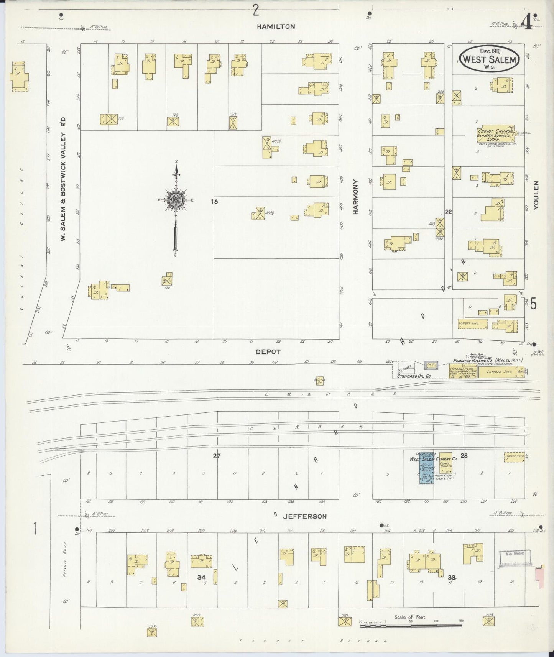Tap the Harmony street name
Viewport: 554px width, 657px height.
[x=355, y=197]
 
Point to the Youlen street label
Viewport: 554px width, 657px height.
[x=536, y=195]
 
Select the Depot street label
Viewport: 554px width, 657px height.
[x=268, y=351]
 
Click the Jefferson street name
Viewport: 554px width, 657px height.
[x=304, y=516]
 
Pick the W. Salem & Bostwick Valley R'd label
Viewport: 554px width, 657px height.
[x=63, y=179]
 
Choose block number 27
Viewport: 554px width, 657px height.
[x=217, y=456]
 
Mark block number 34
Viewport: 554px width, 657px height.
[x=202, y=577]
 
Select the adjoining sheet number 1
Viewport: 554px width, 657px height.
[x=35, y=529]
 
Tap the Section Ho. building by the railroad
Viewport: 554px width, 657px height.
[x=320, y=380]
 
